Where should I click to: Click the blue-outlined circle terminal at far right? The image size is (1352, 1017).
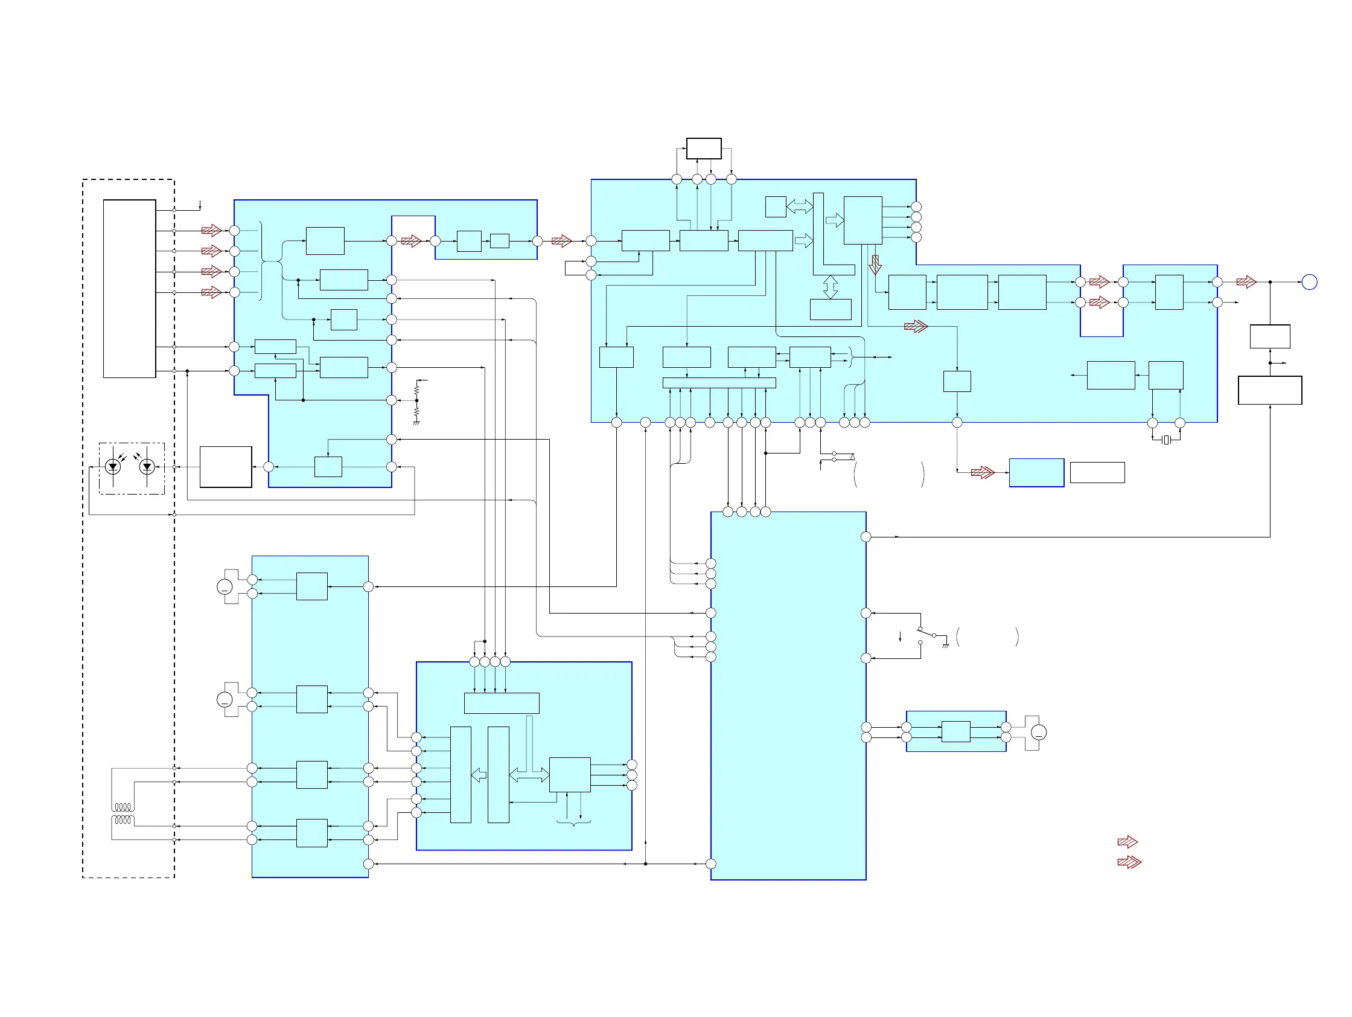pyautogui.click(x=1309, y=282)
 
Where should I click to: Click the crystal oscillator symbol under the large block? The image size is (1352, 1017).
pyautogui.click(x=1165, y=440)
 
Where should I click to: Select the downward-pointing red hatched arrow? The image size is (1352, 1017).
pyautogui.click(x=875, y=265)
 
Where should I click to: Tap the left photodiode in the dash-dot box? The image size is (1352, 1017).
pyautogui.click(x=112, y=467)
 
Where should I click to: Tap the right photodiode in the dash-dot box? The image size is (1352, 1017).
pyautogui.click(x=147, y=467)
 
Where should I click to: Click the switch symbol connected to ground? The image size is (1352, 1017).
pyautogui.click(x=926, y=635)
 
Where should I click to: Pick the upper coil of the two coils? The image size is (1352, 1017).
pyautogui.click(x=123, y=807)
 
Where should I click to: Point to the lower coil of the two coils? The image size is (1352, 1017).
pyautogui.click(x=123, y=820)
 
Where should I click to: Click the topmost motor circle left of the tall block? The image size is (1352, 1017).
pyautogui.click(x=225, y=587)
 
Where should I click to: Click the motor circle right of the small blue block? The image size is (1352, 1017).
pyautogui.click(x=1039, y=732)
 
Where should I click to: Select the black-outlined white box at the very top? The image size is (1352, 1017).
pyautogui.click(x=704, y=149)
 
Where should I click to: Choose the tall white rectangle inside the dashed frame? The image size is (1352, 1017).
pyautogui.click(x=130, y=288)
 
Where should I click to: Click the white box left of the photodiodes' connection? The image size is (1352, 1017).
pyautogui.click(x=226, y=467)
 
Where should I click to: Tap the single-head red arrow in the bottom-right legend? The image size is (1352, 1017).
pyautogui.click(x=1127, y=842)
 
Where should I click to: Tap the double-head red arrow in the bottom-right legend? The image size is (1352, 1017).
pyautogui.click(x=1129, y=862)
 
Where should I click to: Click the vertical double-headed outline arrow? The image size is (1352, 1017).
pyautogui.click(x=830, y=287)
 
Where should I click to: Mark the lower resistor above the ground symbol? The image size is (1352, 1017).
pyautogui.click(x=416, y=413)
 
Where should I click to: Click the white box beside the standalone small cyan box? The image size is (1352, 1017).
pyautogui.click(x=1097, y=472)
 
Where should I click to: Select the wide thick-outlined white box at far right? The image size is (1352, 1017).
pyautogui.click(x=1269, y=390)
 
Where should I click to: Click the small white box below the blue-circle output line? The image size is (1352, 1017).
pyautogui.click(x=1269, y=336)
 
